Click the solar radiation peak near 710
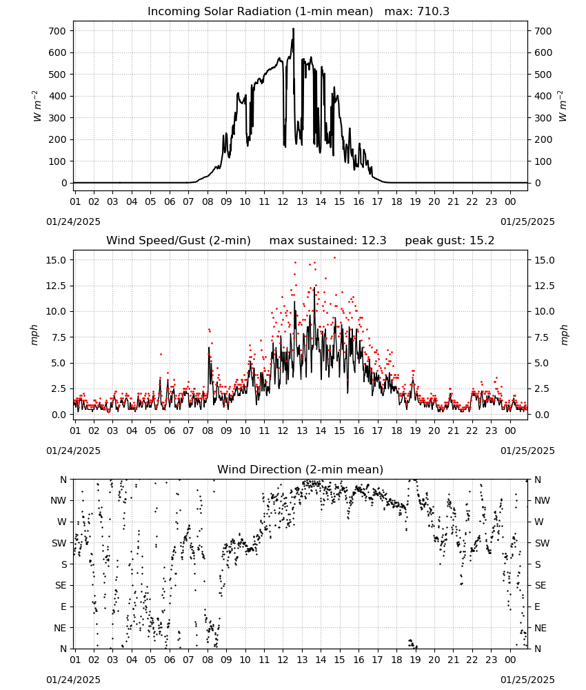coord(293,29)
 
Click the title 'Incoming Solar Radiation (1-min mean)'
coord(260,12)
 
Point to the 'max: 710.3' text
coord(417,12)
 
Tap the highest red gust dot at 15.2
coord(334,258)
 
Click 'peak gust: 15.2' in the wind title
coord(449,241)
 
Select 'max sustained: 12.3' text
coord(327,241)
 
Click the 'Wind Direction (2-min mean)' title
coord(301,469)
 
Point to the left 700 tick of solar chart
coord(58,31)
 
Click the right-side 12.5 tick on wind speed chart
coord(544,286)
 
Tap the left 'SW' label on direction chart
coord(59,543)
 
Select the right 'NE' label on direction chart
coord(540,628)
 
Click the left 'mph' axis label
coord(34,335)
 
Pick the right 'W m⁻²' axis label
coord(563,106)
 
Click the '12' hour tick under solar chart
coord(283,201)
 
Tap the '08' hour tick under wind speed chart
coord(208,431)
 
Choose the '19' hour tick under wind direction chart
coord(416,660)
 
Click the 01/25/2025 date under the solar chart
coord(527,221)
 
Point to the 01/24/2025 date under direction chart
coord(73,680)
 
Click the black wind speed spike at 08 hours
coord(209,348)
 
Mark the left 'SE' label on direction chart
coord(61,585)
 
